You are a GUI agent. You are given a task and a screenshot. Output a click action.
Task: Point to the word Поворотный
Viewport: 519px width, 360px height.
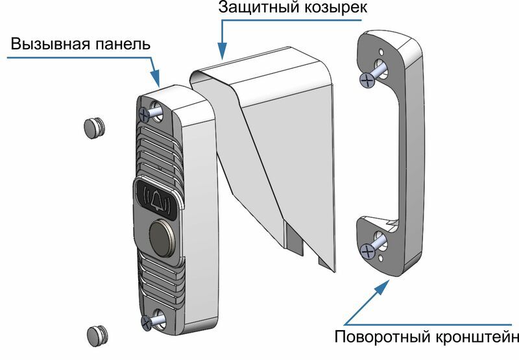point(381,337)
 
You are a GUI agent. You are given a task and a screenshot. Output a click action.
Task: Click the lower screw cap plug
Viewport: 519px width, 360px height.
point(97,335)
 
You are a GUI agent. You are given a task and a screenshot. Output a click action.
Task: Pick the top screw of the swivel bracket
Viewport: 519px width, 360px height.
point(368,79)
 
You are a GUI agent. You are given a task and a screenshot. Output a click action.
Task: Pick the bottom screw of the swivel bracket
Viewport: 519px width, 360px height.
point(368,248)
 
